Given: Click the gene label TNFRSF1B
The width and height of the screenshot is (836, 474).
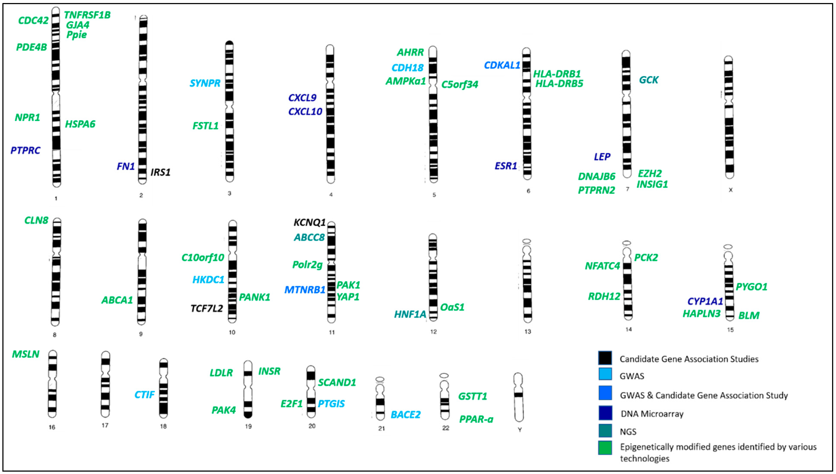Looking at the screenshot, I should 87,15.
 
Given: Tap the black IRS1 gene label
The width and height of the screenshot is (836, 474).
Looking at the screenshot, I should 160,172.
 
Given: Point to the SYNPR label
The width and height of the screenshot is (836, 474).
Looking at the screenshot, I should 205,83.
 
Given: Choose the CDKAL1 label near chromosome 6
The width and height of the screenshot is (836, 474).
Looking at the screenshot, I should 502,65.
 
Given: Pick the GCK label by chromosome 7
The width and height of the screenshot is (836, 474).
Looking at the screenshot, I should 649,80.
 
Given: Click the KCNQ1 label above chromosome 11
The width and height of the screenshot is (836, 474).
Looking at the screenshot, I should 309,223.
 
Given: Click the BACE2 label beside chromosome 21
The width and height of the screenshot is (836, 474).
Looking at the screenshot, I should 406,415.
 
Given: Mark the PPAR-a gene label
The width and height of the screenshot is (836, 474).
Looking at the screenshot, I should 476,419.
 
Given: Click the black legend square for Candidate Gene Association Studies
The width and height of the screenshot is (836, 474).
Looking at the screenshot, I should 605,358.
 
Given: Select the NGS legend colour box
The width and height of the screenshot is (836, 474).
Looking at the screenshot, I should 605,431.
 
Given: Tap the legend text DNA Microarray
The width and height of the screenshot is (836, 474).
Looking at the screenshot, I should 652,414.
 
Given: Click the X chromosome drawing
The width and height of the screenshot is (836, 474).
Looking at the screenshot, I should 729,117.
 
